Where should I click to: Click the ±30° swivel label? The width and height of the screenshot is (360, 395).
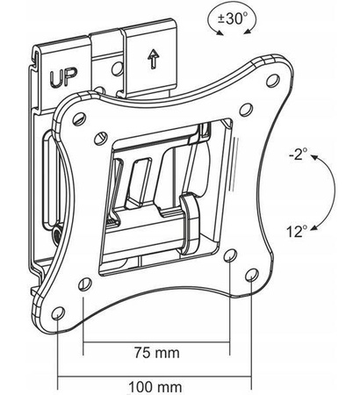(233, 19)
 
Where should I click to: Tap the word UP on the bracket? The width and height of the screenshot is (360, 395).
(63, 77)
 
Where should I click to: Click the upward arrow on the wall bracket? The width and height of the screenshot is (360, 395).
(153, 59)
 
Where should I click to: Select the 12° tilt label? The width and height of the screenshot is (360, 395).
(297, 232)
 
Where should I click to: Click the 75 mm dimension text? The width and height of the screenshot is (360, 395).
(157, 352)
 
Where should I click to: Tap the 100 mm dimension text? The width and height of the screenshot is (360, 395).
(155, 387)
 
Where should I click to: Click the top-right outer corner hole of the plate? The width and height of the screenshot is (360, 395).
(273, 80)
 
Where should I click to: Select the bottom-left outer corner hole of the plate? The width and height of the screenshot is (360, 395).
(58, 313)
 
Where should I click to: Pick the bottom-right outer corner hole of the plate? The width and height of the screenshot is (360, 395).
(251, 275)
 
